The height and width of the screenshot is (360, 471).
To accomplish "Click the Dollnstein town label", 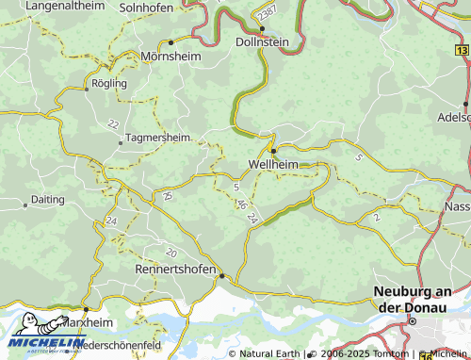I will click(261, 42).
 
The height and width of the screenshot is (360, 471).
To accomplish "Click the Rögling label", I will click(108, 83).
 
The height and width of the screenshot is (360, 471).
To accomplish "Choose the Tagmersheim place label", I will click(157, 137).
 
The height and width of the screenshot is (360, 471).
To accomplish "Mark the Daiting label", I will click(47, 200).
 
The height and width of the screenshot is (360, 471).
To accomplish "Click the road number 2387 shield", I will click(268, 10).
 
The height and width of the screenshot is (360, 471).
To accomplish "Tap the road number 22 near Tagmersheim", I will click(113, 124).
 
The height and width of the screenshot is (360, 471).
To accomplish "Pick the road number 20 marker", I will click(171, 253).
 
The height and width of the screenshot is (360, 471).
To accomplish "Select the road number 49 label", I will click(167, 196).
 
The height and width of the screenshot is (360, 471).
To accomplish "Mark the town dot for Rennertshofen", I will click(222, 275).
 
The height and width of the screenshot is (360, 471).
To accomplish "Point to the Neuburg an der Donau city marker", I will click(412, 321).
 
